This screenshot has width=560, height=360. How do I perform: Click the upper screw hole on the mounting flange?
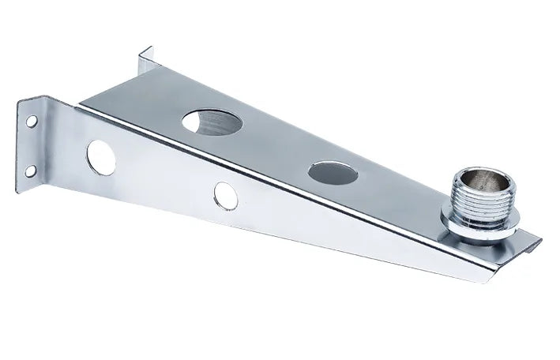[32, 122]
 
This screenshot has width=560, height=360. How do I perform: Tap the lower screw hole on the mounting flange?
[30, 169]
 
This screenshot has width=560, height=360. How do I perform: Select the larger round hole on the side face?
[101, 156]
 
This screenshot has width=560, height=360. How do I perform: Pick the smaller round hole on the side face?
[225, 195]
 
